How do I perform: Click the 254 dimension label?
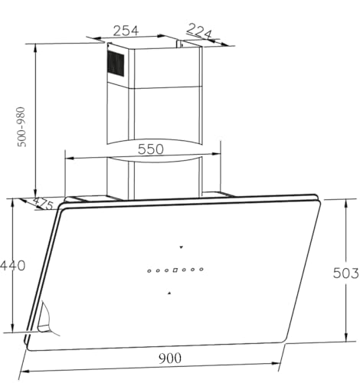(x=126, y=31)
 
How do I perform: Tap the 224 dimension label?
(x=199, y=31)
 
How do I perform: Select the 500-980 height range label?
(x=21, y=127)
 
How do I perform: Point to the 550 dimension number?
(x=150, y=149)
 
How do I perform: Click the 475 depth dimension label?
(x=43, y=203)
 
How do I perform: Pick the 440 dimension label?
(x=12, y=266)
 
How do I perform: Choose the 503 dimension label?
(x=346, y=273)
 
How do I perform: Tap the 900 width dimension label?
(x=170, y=358)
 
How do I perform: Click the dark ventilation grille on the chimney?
(x=116, y=63)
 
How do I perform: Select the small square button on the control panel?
(x=175, y=270)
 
